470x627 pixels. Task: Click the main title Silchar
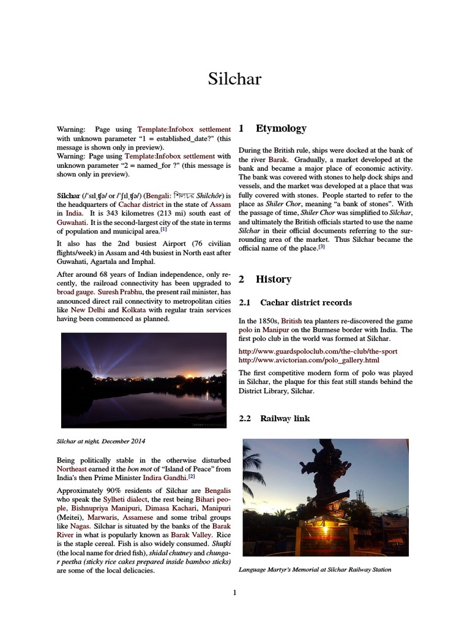pyautogui.click(x=234, y=78)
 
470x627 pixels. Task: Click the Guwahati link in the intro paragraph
pyautogui.click(x=72, y=222)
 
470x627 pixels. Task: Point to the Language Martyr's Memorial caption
pyautogui.click(x=315, y=569)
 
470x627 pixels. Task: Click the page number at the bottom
pyautogui.click(x=234, y=592)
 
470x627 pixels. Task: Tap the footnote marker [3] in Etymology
pyautogui.click(x=321, y=247)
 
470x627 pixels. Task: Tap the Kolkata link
pyautogui.click(x=133, y=310)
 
